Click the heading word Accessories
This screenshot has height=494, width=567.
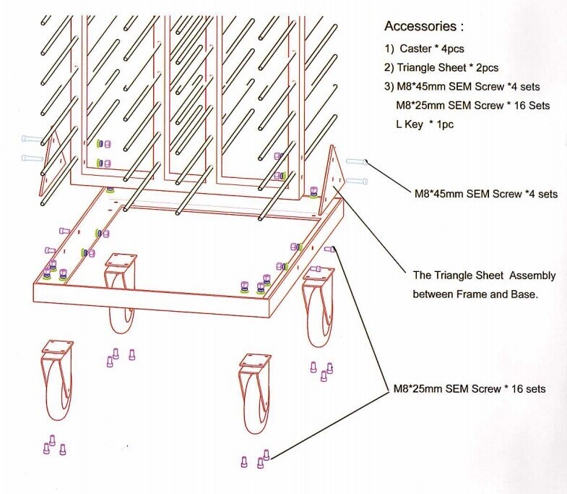click(x=420, y=27)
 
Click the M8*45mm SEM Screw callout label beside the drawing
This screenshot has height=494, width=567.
click(x=485, y=195)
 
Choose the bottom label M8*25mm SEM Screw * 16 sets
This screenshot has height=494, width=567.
click(x=469, y=389)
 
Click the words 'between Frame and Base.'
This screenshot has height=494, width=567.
click(x=475, y=294)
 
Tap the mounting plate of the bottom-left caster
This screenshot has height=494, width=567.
click(x=56, y=346)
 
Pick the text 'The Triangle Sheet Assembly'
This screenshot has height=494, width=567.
click(x=477, y=276)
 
